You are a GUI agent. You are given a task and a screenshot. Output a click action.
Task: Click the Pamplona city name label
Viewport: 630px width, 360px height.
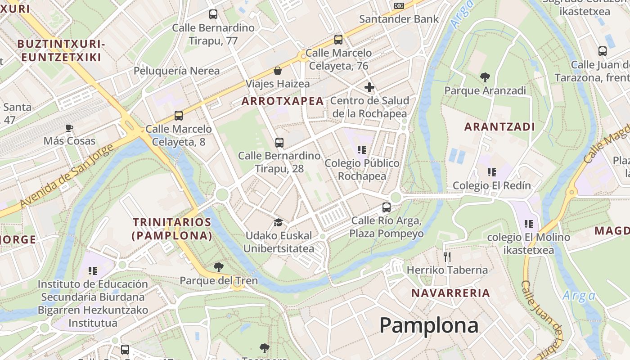428,325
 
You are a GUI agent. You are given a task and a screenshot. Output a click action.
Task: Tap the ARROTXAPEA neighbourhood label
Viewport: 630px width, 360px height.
283,101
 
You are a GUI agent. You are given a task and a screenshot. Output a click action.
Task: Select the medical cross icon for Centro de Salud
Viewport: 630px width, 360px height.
369,87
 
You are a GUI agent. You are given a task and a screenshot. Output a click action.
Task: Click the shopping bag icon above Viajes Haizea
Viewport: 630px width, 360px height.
278,71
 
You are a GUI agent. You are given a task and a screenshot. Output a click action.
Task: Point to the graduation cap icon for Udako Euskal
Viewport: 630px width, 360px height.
278,223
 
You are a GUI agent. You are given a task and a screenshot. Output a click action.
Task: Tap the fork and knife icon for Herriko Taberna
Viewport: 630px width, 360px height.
447,257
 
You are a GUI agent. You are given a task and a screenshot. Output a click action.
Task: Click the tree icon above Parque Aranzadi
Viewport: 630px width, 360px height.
485,77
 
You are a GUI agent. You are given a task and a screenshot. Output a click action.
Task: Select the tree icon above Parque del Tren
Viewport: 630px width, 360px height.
219,267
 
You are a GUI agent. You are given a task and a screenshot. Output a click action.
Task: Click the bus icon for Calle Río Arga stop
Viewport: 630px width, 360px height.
386,207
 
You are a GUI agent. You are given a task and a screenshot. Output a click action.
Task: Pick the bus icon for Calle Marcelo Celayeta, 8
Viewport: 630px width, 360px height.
179,116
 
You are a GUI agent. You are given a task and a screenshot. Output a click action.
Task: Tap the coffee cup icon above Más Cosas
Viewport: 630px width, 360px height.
69,128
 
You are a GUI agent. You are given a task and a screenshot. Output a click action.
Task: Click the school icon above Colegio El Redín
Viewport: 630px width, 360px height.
491,172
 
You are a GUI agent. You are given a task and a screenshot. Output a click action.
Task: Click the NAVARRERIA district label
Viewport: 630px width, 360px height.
450,293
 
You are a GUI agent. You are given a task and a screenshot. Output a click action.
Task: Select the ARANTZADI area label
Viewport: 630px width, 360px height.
499,127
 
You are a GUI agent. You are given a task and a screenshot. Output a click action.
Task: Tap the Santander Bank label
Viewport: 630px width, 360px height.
399,19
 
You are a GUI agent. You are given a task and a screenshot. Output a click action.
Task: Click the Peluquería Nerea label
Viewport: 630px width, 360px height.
176,71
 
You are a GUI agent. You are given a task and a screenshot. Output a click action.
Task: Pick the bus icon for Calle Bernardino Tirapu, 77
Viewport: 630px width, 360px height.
213,14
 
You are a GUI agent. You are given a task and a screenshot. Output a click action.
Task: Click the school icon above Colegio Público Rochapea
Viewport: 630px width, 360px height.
361,149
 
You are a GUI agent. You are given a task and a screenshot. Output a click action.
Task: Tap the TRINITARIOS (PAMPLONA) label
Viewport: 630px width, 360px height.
172,229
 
